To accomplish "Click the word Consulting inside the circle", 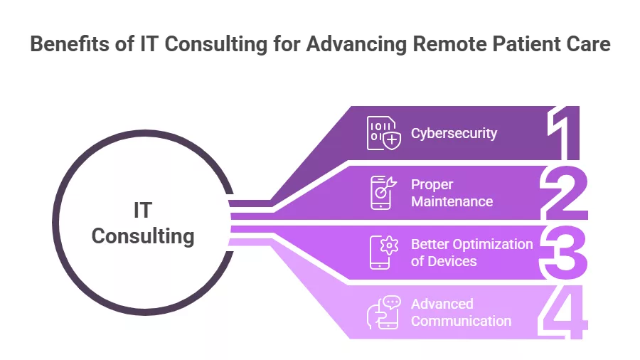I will (143, 235).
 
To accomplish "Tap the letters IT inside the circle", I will (143, 211).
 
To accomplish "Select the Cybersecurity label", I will (454, 133).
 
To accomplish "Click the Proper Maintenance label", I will (452, 193).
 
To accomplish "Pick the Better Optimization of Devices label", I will (471, 253).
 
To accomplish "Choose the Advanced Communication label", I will (461, 312).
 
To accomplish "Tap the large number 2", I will (565, 192).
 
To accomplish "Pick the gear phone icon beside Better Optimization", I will (384, 253).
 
